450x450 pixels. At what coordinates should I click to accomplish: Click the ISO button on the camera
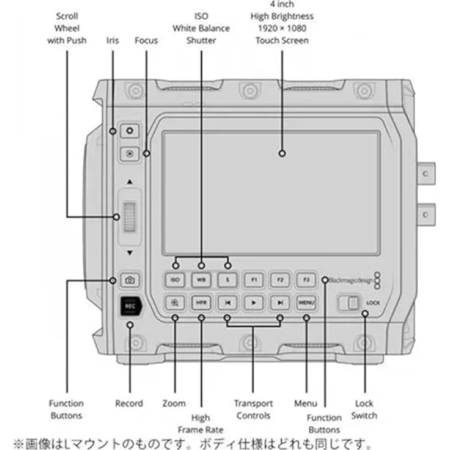[175, 280]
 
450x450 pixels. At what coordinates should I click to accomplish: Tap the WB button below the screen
[201, 280]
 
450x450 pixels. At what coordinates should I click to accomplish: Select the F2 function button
[279, 280]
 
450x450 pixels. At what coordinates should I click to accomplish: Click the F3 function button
[306, 280]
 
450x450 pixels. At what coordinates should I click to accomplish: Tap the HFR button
[201, 302]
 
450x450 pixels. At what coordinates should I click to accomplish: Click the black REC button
[130, 305]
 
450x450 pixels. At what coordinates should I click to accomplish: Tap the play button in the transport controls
[254, 302]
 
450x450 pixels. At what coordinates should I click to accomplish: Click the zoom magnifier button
[175, 302]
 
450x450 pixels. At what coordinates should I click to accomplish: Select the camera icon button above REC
[130, 280]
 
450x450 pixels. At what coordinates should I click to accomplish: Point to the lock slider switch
[350, 303]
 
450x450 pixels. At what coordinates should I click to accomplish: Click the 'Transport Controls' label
[253, 410]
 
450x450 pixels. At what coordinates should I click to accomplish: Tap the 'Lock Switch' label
[364, 410]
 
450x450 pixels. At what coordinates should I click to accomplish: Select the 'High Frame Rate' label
[201, 424]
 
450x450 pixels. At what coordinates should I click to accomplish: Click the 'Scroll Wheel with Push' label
[67, 28]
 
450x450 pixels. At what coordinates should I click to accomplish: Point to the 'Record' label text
[129, 404]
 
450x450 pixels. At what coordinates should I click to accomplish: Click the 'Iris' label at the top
[113, 40]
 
